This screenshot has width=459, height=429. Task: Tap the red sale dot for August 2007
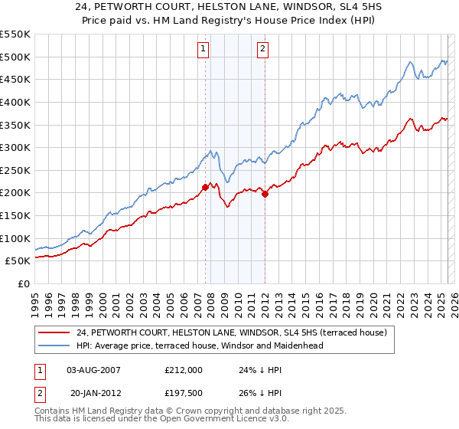point(205,187)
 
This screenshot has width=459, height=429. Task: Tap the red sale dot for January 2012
point(265,194)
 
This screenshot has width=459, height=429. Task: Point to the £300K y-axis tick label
point(16,147)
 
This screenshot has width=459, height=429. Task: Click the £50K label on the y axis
point(19,260)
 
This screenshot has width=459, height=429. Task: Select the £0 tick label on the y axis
point(24,283)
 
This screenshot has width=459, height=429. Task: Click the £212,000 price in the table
point(184,369)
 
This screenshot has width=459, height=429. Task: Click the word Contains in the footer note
point(54,411)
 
